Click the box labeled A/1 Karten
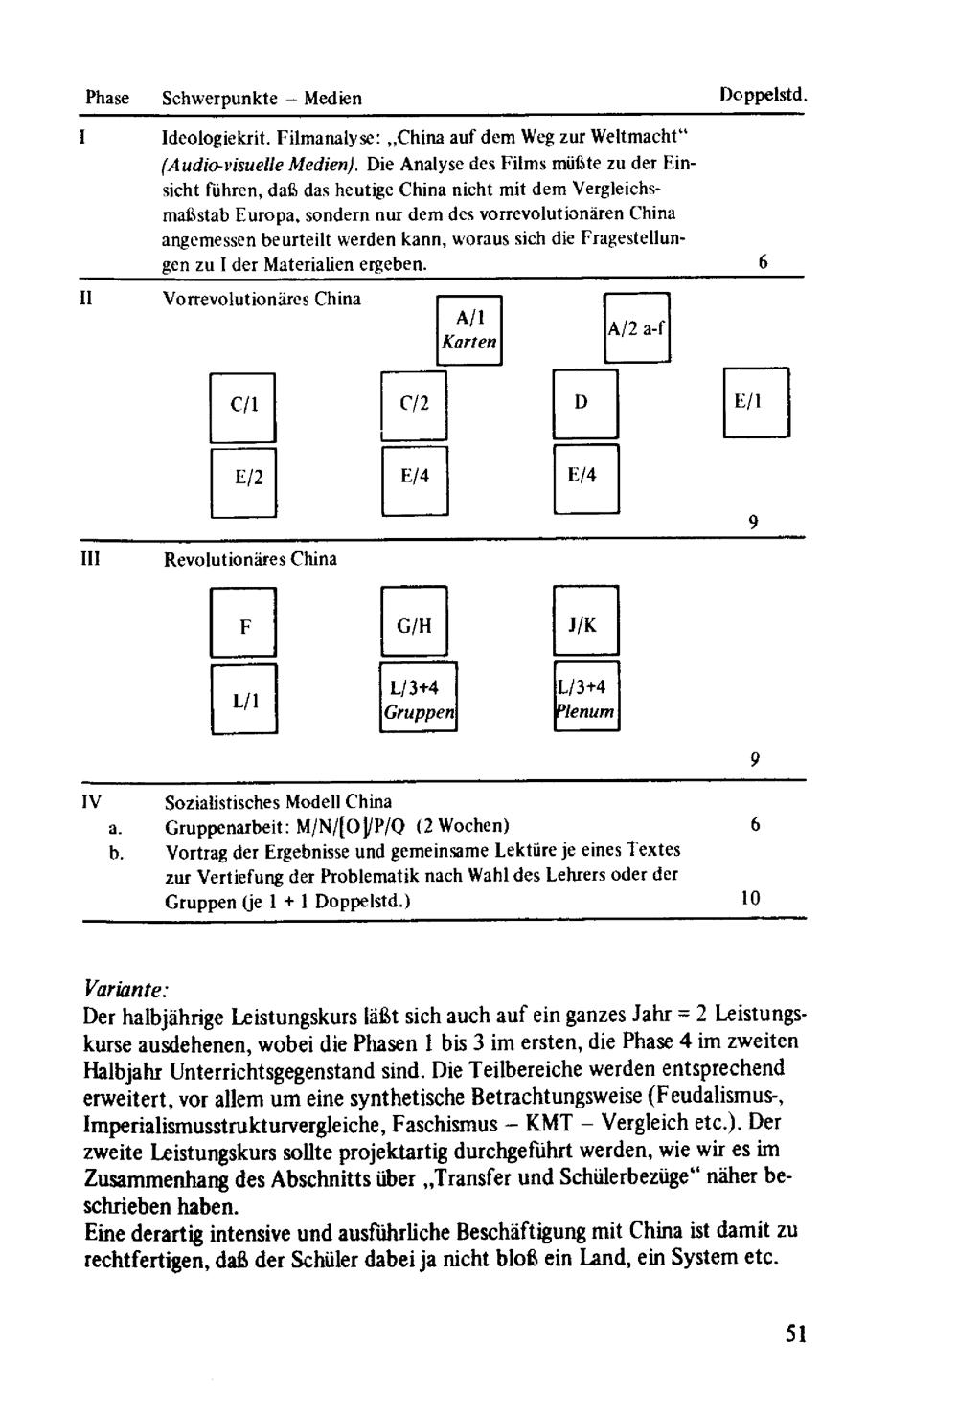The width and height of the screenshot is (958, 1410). pyautogui.click(x=468, y=330)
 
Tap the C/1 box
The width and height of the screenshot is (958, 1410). pyautogui.click(x=243, y=406)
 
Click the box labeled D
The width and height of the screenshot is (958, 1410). pyautogui.click(x=584, y=403)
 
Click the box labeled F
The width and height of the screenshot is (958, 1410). pyautogui.click(x=243, y=626)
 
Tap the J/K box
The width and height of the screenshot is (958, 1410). pyautogui.click(x=585, y=624)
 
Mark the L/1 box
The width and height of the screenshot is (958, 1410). pyautogui.click(x=243, y=700)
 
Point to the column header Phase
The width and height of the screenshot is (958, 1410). pyautogui.click(x=106, y=98)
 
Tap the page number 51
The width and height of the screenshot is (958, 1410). pyautogui.click(x=795, y=1333)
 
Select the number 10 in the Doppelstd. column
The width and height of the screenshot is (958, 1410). pyautogui.click(x=750, y=898)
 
